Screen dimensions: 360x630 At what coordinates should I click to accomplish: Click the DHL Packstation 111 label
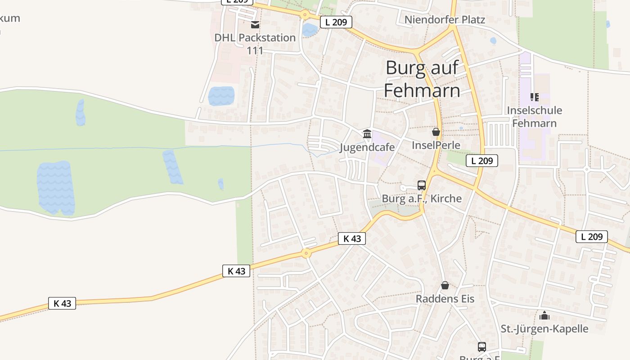pyautogui.click(x=255, y=44)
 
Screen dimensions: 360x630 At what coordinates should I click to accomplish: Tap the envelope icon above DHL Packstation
pyautogui.click(x=255, y=24)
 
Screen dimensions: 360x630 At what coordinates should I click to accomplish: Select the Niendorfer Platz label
pyautogui.click(x=445, y=19)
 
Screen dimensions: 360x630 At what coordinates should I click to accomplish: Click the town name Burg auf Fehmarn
pyautogui.click(x=422, y=79)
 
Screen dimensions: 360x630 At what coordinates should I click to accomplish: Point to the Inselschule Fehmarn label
pyautogui.click(x=534, y=117)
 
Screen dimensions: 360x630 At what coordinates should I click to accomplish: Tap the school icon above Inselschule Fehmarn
pyautogui.click(x=535, y=97)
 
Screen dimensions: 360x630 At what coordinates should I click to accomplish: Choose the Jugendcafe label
pyautogui.click(x=367, y=147)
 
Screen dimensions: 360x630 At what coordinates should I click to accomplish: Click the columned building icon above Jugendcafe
pyautogui.click(x=367, y=134)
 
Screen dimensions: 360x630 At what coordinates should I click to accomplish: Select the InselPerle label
pyautogui.click(x=436, y=145)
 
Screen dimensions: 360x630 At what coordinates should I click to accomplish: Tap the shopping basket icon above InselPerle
pyautogui.click(x=436, y=132)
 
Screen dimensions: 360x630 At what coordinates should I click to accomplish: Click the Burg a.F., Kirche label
pyautogui.click(x=422, y=198)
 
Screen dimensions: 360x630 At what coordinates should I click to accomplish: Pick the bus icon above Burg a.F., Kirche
pyautogui.click(x=422, y=185)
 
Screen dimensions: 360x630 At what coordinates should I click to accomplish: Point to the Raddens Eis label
pyautogui.click(x=445, y=298)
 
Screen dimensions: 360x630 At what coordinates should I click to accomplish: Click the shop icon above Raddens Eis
pyautogui.click(x=445, y=285)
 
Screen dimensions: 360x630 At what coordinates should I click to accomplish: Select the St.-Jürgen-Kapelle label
pyautogui.click(x=544, y=328)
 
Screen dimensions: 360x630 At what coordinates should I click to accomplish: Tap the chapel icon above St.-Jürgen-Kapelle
pyautogui.click(x=544, y=315)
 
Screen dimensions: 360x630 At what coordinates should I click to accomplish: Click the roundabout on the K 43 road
pyautogui.click(x=306, y=253)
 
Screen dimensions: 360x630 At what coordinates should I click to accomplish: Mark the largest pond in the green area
pyautogui.click(x=56, y=188)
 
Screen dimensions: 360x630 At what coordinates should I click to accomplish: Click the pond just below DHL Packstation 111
pyautogui.click(x=221, y=95)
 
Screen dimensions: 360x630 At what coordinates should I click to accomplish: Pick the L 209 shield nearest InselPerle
pyautogui.click(x=481, y=161)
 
